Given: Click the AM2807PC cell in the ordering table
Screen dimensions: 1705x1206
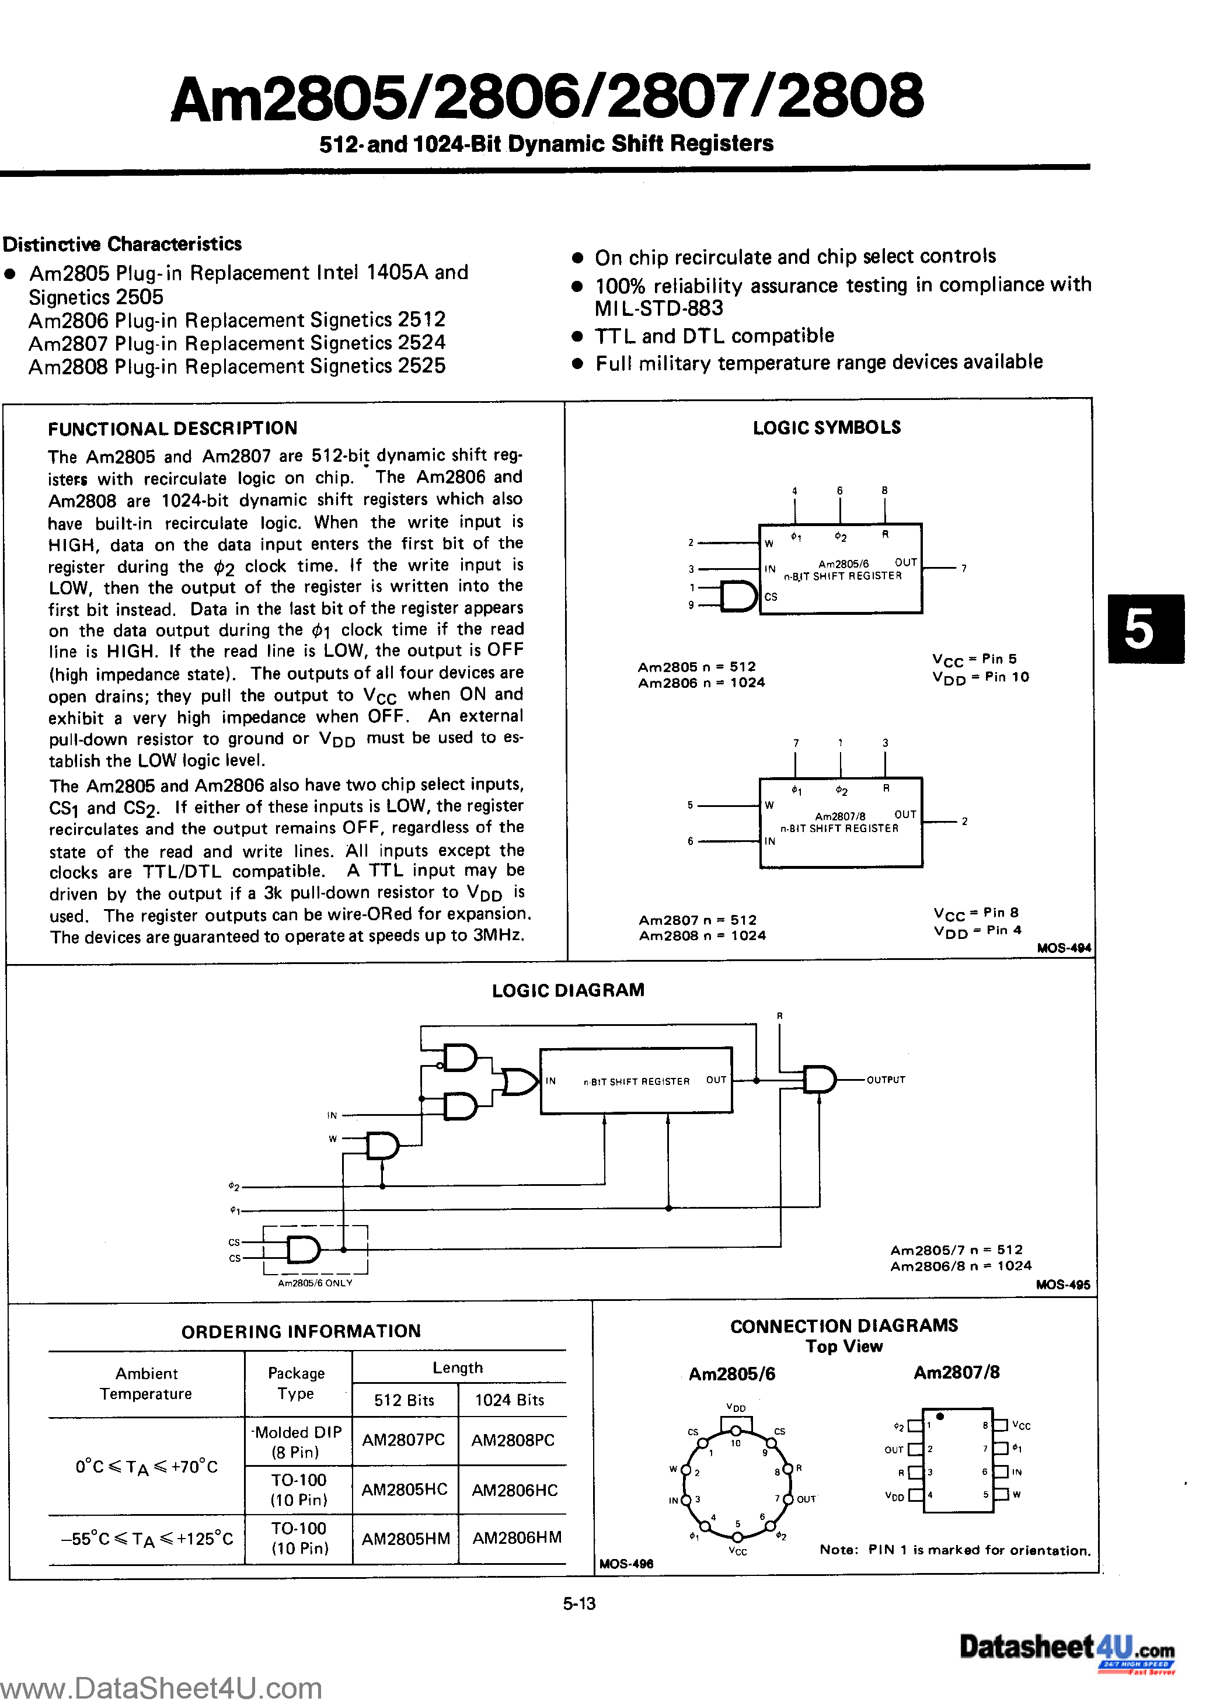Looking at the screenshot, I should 403,1440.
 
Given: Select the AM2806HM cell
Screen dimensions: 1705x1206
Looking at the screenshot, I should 517,1538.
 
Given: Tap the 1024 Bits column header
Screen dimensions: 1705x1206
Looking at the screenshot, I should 510,1400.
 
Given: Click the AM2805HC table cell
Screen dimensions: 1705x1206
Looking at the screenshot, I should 404,1490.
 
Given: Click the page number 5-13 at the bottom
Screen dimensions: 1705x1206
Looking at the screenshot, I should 579,1603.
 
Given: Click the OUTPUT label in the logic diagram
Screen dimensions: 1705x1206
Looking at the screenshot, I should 886,1080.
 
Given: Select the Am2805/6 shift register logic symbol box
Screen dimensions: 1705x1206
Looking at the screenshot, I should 840,569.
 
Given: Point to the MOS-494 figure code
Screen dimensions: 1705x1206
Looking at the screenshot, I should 1064,948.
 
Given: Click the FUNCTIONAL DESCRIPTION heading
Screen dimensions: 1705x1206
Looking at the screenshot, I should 172,429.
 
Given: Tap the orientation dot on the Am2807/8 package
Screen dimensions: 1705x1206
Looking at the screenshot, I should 940,1416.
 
